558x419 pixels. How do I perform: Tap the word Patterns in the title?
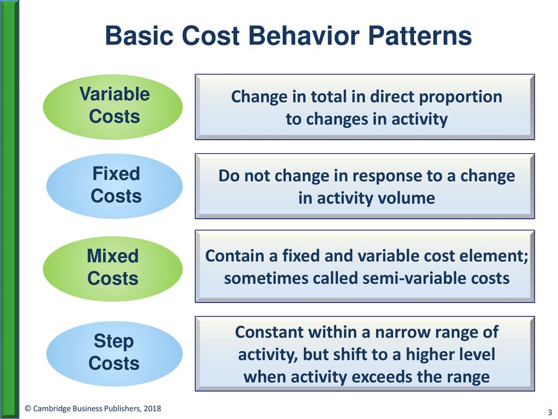coord(420,35)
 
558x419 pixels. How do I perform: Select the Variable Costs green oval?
coord(113,106)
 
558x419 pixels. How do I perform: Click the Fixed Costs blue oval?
coord(114,185)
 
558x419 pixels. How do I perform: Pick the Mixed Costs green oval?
coord(113,268)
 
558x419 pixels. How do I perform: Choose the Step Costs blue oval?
coord(114,354)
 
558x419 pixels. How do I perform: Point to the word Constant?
coord(269,332)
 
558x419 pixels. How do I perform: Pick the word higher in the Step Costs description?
coord(430,355)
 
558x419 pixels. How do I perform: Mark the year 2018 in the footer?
coord(153,408)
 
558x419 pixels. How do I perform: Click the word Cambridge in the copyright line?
coord(50,409)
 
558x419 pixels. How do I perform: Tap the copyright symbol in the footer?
coord(28,409)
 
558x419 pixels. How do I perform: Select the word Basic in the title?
coord(139,35)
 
